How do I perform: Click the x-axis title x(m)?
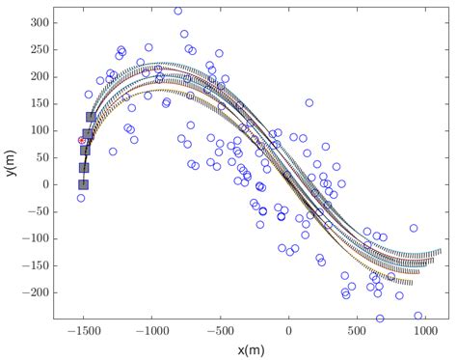tap(253, 348)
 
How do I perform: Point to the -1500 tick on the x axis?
tap(83, 331)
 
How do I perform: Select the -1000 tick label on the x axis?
tap(151, 331)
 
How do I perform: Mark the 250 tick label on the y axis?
tap(39, 48)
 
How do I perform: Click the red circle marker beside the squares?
tap(82, 141)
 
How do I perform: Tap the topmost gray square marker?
tap(91, 118)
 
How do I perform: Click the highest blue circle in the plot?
tap(177, 12)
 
